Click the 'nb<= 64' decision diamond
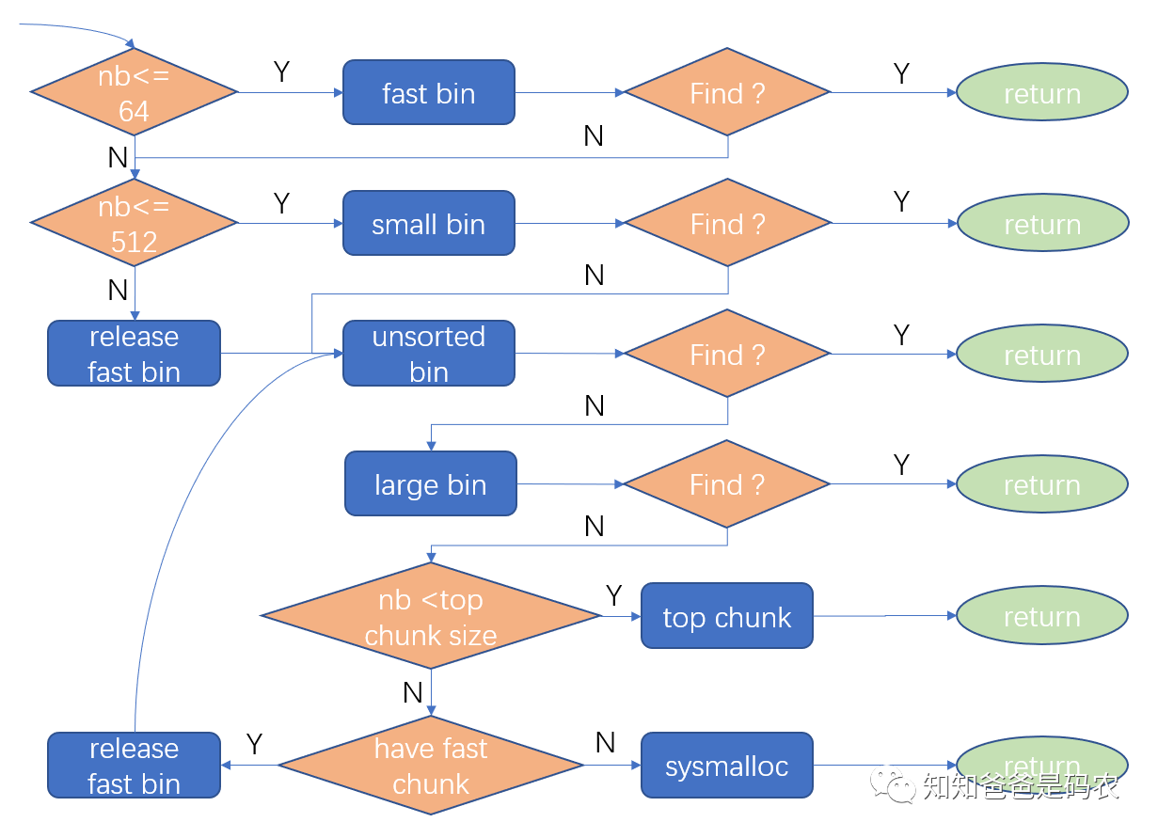(x=135, y=92)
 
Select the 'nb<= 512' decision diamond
(x=135, y=223)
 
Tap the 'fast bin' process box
(x=429, y=92)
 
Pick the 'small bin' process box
(x=429, y=223)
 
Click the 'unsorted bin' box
(x=429, y=354)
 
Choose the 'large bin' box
(x=431, y=483)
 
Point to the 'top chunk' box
(x=727, y=616)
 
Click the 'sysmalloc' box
(x=727, y=766)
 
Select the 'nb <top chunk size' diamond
(x=431, y=616)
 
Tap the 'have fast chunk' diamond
(x=431, y=766)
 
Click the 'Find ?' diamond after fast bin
(x=727, y=92)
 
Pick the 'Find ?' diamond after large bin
(x=727, y=484)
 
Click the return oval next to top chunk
(x=1042, y=616)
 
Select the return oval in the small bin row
(x=1042, y=223)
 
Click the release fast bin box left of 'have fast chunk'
(x=135, y=766)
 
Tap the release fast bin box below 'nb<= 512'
(x=135, y=354)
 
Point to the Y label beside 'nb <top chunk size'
(x=613, y=595)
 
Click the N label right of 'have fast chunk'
(x=606, y=743)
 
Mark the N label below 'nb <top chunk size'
(x=413, y=693)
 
